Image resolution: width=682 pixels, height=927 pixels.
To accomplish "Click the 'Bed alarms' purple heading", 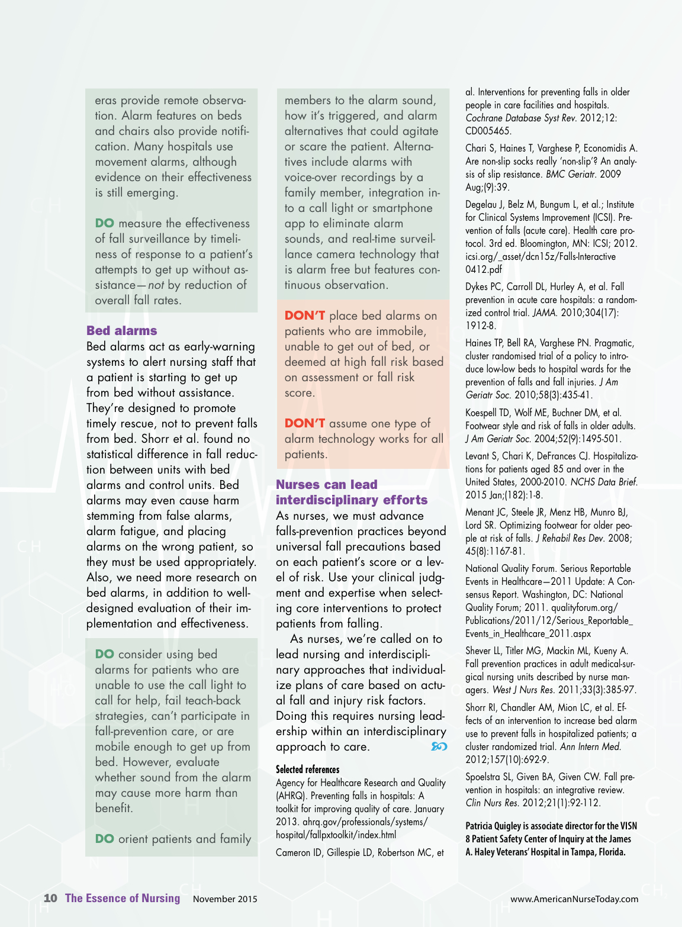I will pyautogui.click(x=122, y=331).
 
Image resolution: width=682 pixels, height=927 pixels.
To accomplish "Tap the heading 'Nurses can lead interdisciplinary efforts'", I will pyautogui.click(x=351, y=493).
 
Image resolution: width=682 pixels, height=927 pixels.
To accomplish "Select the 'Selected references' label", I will pyautogui.click(x=307, y=770).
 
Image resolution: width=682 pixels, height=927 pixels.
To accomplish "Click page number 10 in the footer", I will pyautogui.click(x=50, y=898).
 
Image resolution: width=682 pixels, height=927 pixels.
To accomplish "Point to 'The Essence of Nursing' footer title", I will pyautogui.click(x=123, y=898).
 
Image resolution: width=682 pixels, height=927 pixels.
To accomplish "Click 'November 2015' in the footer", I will pyautogui.click(x=225, y=899).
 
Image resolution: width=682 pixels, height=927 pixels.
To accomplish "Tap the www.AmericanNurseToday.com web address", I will pyautogui.click(x=574, y=899).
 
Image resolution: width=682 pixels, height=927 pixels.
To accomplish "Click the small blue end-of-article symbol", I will pyautogui.click(x=439, y=746).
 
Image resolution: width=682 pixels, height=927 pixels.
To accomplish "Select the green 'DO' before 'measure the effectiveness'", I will pyautogui.click(x=104, y=223).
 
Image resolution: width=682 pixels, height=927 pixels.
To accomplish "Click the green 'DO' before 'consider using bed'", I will pyautogui.click(x=104, y=654).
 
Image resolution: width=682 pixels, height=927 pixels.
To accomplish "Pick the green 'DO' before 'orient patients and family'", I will pyautogui.click(x=104, y=839).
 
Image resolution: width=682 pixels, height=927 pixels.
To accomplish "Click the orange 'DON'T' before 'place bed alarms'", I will pyautogui.click(x=304, y=316).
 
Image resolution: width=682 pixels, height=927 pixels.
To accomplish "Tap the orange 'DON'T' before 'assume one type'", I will pyautogui.click(x=304, y=423).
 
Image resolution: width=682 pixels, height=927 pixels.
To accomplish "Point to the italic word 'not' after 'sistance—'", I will pyautogui.click(x=156, y=285).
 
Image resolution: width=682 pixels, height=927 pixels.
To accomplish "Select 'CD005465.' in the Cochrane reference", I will pyautogui.click(x=488, y=131).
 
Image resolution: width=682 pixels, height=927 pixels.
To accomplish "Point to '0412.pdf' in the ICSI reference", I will pyautogui.click(x=483, y=269).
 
